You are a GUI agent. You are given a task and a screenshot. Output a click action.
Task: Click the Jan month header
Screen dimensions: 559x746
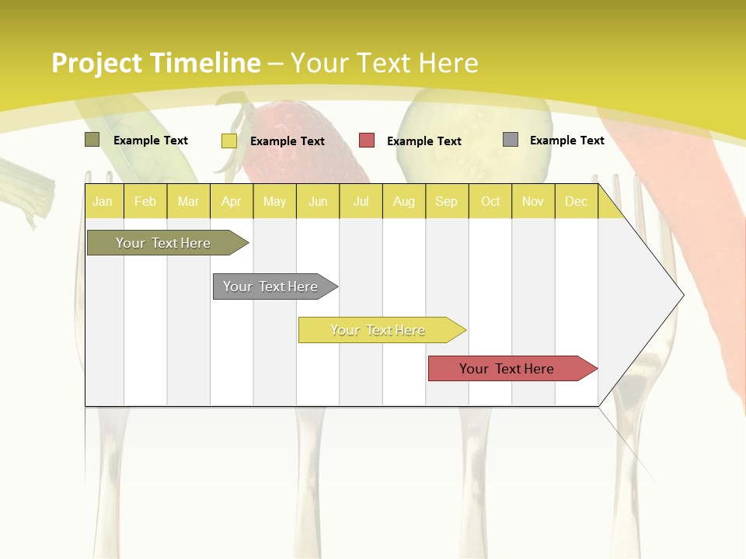103,201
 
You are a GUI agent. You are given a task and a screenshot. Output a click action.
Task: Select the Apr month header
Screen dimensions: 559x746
231,201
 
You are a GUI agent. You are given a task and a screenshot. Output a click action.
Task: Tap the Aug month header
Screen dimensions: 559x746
403,201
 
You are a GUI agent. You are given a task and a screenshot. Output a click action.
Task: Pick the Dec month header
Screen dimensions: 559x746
576,201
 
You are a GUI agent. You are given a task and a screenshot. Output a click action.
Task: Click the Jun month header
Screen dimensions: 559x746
318,201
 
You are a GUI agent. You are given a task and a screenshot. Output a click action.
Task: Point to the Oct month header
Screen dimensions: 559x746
490,201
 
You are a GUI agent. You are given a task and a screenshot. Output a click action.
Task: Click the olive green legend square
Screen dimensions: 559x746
92,140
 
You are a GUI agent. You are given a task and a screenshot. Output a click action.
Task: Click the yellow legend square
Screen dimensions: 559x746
228,141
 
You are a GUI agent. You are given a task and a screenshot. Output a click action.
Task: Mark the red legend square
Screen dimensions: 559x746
367,141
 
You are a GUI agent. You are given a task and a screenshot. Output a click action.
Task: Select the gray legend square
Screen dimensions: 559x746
511,140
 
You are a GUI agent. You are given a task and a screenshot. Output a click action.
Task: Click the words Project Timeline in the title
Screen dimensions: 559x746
155,63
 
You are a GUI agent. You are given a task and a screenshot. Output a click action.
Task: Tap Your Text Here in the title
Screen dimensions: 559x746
384,63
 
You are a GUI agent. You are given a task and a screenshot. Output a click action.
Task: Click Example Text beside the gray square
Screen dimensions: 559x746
566,141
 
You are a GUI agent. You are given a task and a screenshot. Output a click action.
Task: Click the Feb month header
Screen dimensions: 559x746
145,201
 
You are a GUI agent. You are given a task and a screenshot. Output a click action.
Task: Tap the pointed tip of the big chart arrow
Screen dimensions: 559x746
682,295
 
